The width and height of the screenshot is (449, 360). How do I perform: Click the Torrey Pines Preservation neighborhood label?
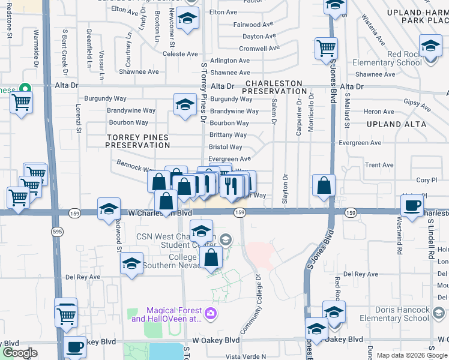137,141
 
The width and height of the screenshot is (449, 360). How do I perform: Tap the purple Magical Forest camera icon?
210,312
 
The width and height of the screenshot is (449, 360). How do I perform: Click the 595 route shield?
56,230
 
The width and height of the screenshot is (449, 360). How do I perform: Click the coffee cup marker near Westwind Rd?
412,205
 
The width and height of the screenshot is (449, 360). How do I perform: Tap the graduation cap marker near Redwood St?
109,209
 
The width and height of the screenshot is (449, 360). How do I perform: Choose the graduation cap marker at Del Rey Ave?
131,263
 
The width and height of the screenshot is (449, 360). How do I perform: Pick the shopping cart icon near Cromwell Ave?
326,47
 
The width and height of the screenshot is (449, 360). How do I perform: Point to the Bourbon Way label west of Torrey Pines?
128,122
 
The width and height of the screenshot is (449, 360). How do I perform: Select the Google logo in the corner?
19,353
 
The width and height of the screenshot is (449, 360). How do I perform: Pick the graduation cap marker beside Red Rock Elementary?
430,46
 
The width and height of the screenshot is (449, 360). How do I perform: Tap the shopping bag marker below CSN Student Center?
211,257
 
